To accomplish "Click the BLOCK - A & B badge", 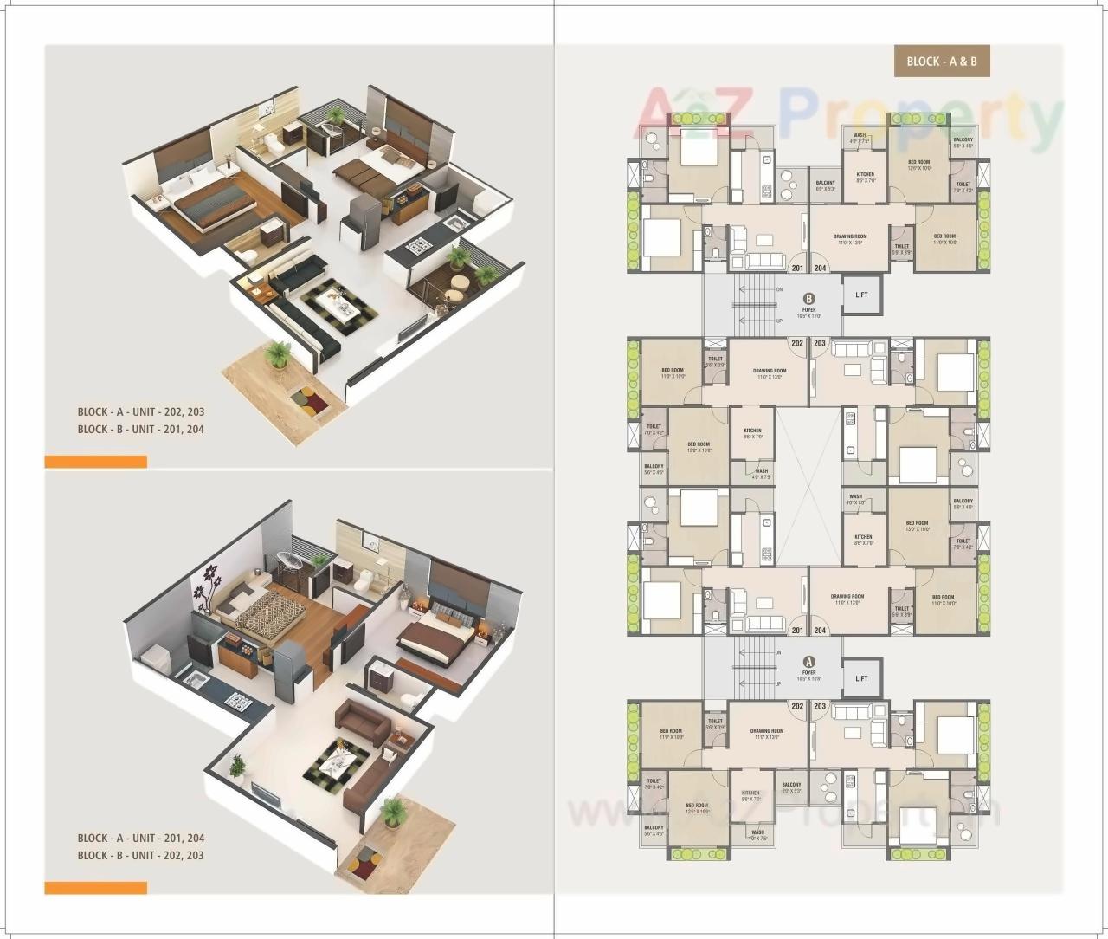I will (x=942, y=62).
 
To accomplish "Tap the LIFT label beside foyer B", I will (x=860, y=295).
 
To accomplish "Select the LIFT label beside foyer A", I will (x=860, y=678).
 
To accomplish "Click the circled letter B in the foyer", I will (x=809, y=299).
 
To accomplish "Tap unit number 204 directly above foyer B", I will (x=820, y=268).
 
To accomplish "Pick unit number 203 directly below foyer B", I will (x=820, y=343).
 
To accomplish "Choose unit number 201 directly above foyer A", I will (x=797, y=631).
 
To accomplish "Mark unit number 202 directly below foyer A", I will (x=797, y=706).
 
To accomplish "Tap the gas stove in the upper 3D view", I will (x=421, y=249).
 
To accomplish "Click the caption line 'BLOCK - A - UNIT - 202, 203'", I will (x=140, y=412).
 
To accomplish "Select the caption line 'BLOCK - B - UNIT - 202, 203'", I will (x=140, y=855).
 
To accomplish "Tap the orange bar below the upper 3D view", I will (x=95, y=462).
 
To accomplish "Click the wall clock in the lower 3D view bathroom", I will (x=373, y=547).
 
